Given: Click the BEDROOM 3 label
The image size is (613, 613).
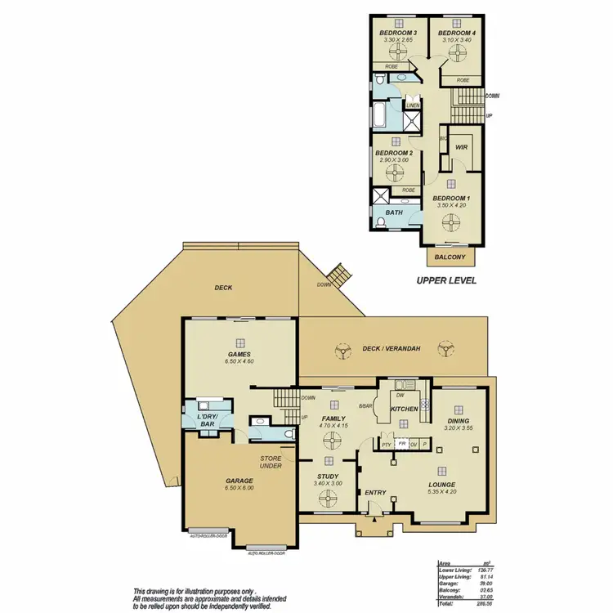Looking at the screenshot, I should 395,31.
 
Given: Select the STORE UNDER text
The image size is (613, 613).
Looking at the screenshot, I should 271,462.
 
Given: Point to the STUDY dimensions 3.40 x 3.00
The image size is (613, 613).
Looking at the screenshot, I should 327,483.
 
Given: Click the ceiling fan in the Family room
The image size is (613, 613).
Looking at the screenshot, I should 331,441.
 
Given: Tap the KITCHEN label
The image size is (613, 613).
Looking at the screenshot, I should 405,408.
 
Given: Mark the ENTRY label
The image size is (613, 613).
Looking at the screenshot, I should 375,492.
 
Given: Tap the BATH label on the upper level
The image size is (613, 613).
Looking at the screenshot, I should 395,213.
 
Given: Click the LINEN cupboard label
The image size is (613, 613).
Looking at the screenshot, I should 414,105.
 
